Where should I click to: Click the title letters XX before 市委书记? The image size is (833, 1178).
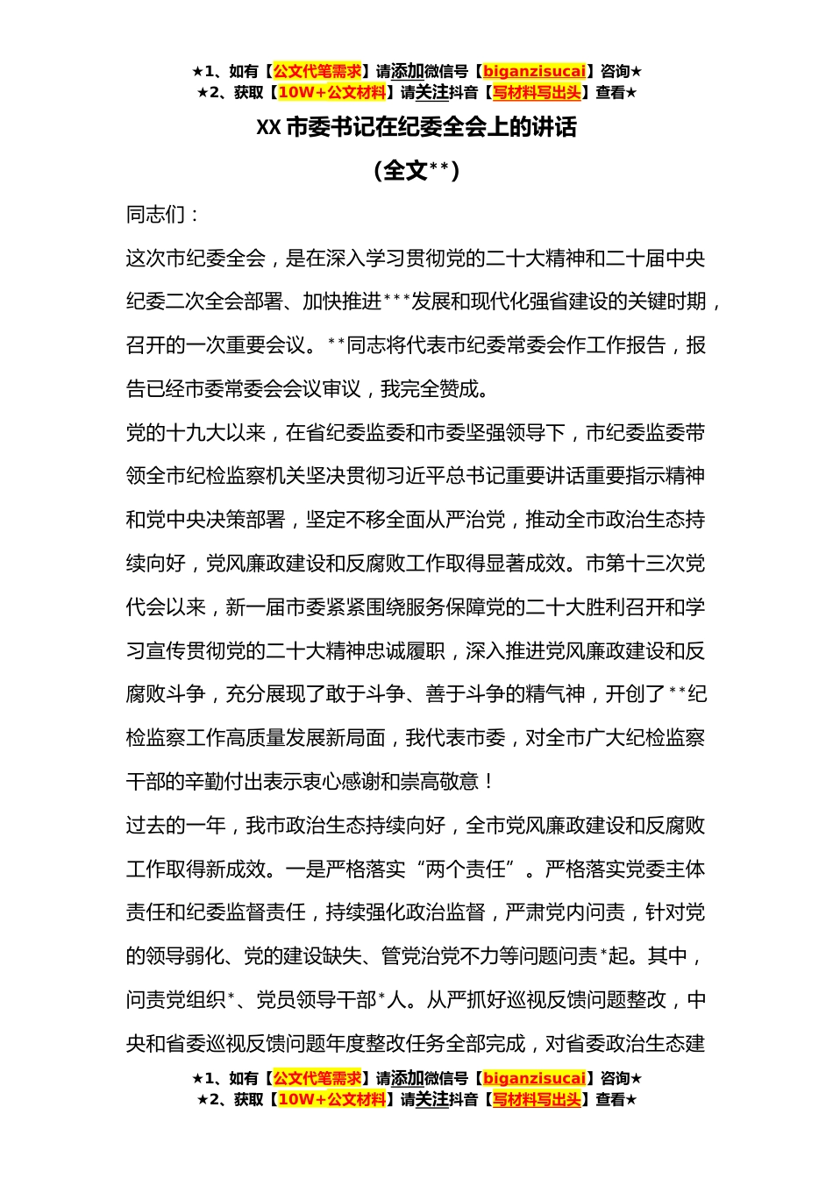pyautogui.click(x=267, y=128)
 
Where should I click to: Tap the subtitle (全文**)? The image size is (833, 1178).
pyautogui.click(x=416, y=170)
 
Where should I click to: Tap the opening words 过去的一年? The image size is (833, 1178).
pyautogui.click(x=175, y=825)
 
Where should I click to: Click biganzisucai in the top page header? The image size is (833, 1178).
pyautogui.click(x=534, y=72)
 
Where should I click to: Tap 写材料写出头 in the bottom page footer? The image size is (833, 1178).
pyautogui.click(x=537, y=1099)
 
